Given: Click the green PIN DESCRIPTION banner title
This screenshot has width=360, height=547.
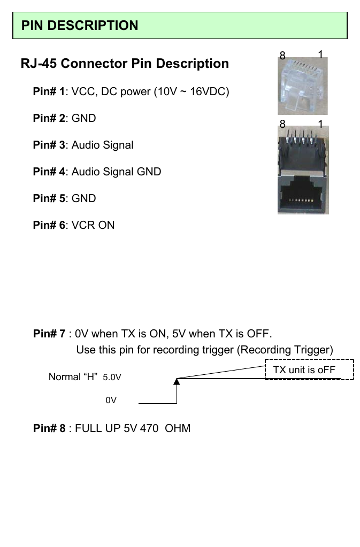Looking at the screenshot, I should coord(80,26).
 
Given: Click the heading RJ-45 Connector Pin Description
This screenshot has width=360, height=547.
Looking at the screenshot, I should coord(125,64).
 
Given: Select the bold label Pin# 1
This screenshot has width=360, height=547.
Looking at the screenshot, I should coord(49,91).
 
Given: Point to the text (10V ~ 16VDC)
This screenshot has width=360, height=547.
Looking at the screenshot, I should coord(192,91).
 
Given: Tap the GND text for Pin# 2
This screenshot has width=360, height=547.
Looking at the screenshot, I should coord(84,118).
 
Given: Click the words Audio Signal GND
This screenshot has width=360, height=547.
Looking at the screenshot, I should coord(116,172).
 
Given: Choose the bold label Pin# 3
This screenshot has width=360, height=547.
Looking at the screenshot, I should coord(49,145).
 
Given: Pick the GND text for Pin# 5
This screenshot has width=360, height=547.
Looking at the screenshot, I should coord(84,198).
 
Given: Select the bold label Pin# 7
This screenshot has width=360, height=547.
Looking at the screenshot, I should coord(49,334).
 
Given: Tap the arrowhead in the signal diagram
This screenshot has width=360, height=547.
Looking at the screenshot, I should coord(177,381).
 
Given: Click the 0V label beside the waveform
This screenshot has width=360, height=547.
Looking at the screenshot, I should coord(111,400).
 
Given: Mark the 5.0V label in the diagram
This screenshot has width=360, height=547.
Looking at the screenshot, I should coord(112,377).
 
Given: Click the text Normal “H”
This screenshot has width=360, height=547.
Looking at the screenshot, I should coord(73,377).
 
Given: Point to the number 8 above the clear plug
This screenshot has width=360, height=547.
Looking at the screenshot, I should coord(282,56).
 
